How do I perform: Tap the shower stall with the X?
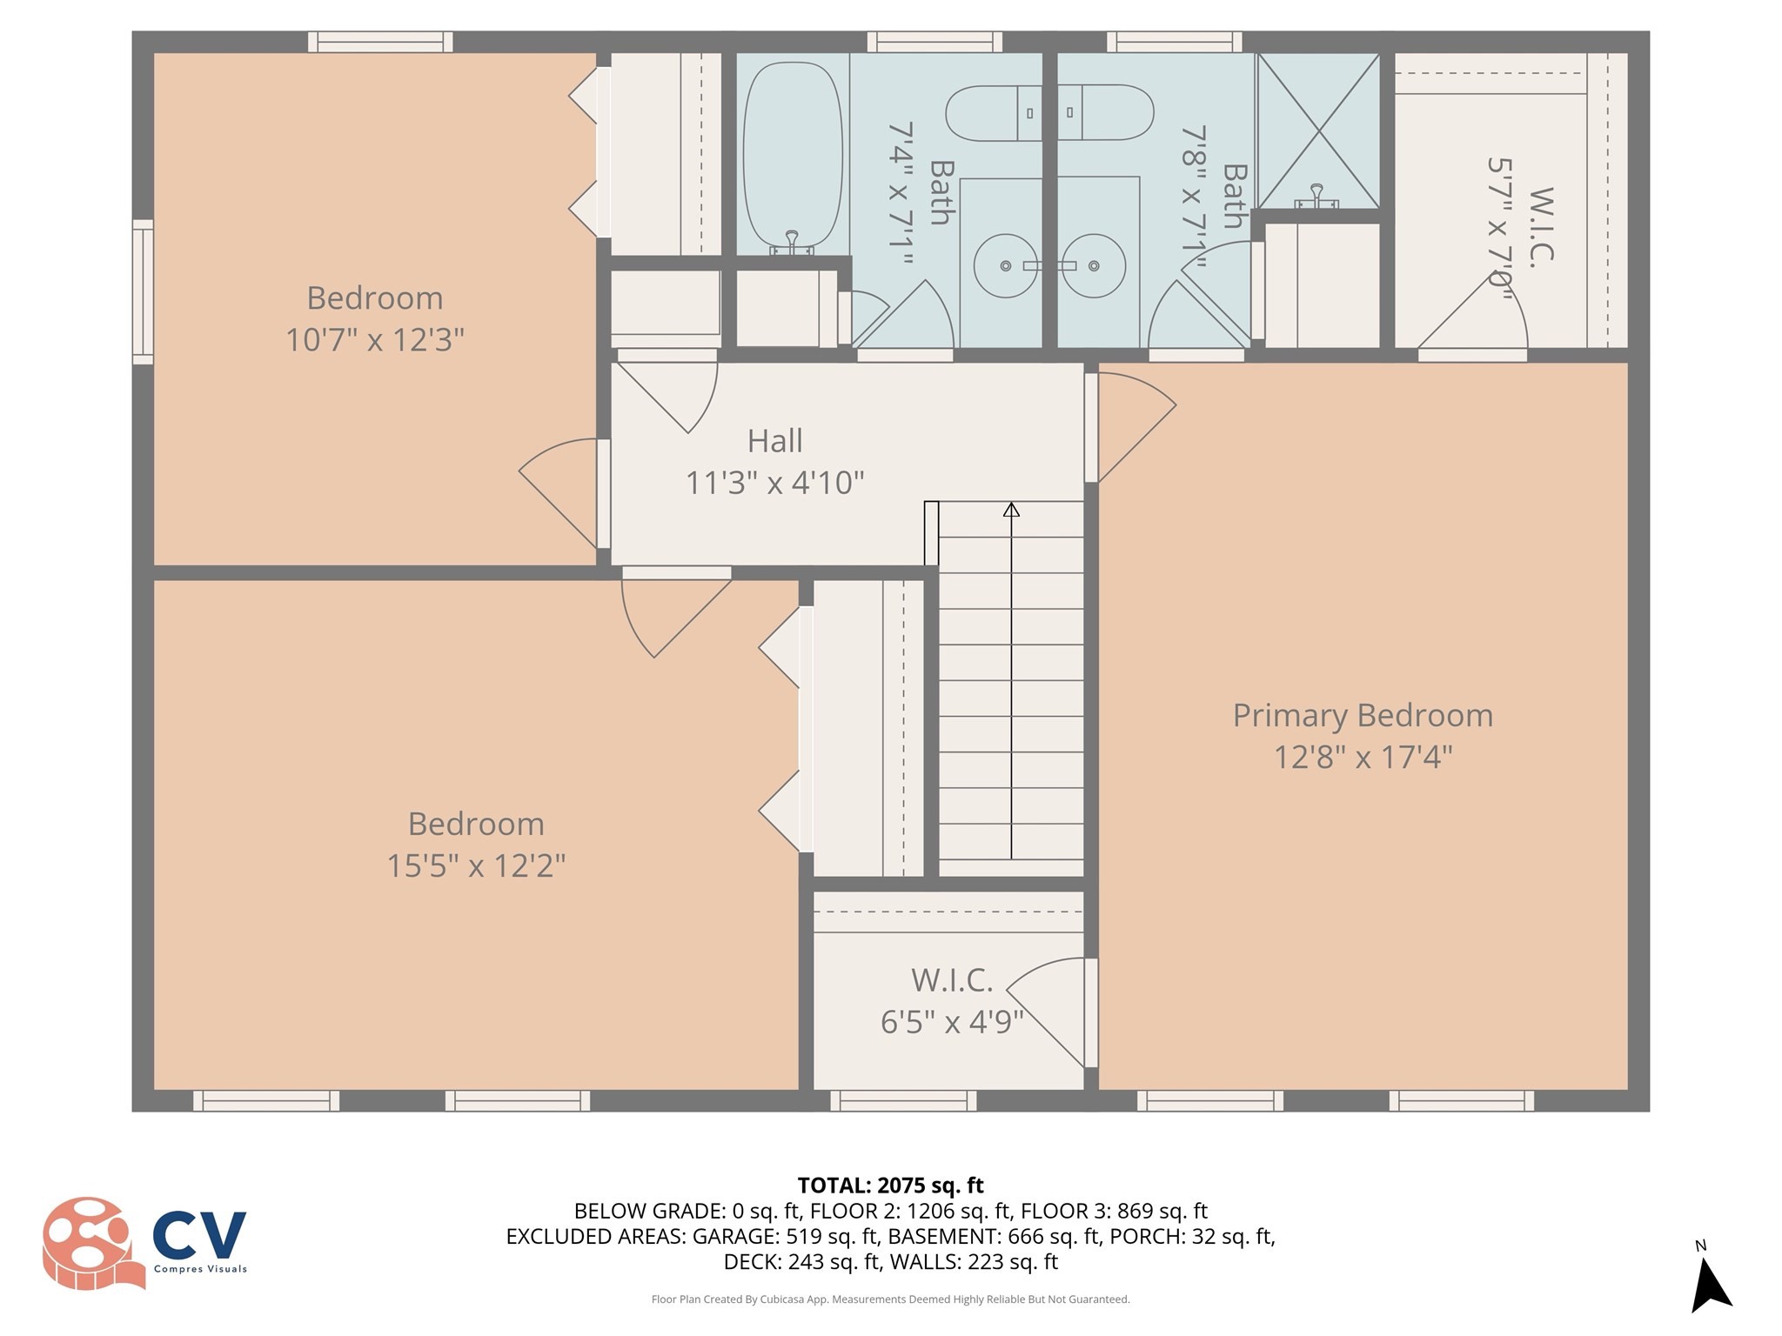pyautogui.click(x=1318, y=130)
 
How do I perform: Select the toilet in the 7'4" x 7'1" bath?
pyautogui.click(x=992, y=113)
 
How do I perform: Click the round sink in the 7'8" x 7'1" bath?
pyautogui.click(x=1094, y=266)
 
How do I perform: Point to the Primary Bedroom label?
pyautogui.click(x=1363, y=716)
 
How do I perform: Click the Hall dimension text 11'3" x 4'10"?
pyautogui.click(x=774, y=483)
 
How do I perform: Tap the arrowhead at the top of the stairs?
pyautogui.click(x=1011, y=510)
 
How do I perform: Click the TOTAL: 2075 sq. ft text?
pyautogui.click(x=890, y=1186)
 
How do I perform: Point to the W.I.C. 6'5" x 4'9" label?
pyautogui.click(x=952, y=1000)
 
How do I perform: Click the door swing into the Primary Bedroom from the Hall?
pyautogui.click(x=1131, y=426)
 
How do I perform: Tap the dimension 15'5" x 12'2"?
pyautogui.click(x=476, y=866)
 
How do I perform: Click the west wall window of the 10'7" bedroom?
pyautogui.click(x=143, y=291)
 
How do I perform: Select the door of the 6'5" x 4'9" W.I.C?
pyautogui.click(x=1053, y=1009)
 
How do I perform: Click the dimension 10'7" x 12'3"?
pyautogui.click(x=375, y=340)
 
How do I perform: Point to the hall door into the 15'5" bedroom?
pyautogui.click(x=674, y=613)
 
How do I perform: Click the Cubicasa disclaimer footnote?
pyautogui.click(x=890, y=1299)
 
